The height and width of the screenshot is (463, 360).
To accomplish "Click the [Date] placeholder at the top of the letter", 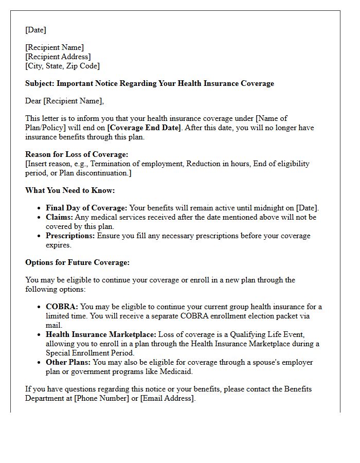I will click(x=35, y=30).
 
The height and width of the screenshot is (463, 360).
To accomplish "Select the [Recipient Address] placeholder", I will click(x=58, y=57).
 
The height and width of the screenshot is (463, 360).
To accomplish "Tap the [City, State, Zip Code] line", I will click(x=62, y=66).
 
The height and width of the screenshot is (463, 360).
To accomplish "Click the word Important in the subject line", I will click(x=76, y=83).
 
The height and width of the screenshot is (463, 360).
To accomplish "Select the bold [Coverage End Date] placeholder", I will click(x=144, y=128).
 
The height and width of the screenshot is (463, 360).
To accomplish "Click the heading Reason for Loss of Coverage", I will click(x=77, y=154).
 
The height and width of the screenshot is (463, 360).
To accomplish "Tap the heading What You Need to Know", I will click(x=70, y=190).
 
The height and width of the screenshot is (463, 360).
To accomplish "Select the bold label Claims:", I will click(x=59, y=217).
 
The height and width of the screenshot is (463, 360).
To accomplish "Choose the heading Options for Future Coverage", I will click(x=77, y=262).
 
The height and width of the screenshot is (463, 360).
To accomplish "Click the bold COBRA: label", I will click(x=62, y=307).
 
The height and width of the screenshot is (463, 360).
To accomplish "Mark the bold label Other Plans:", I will click(x=68, y=362).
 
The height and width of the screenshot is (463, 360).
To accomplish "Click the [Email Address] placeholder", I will click(x=167, y=398).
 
